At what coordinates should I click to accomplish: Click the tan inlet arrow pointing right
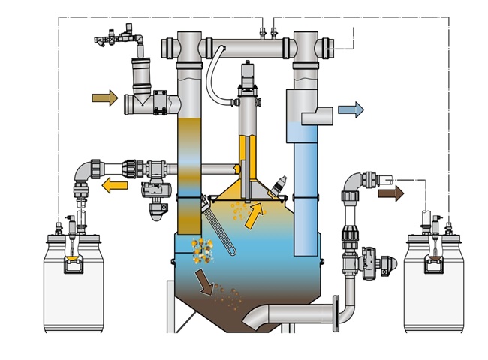tap(104, 97)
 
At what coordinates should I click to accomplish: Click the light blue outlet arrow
tap(351, 109)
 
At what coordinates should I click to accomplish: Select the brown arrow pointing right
tap(390, 193)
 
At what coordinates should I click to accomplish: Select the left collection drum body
tap(71, 289)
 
